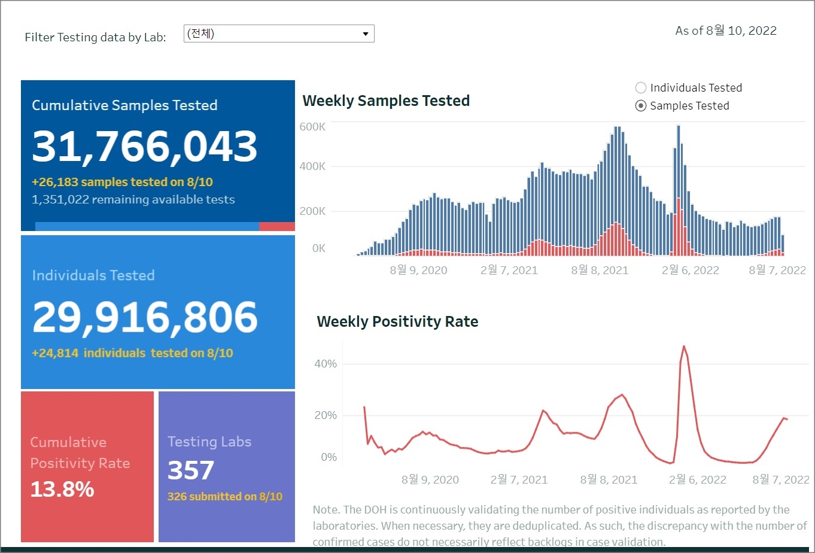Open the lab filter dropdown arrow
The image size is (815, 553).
click(x=365, y=34)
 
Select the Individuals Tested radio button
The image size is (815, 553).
click(x=641, y=88)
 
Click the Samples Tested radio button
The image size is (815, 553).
click(x=641, y=106)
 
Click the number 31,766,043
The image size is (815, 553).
click(x=145, y=147)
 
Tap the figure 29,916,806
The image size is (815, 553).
click(x=145, y=317)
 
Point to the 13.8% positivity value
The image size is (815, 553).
click(x=62, y=490)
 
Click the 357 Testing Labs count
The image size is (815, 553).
click(x=190, y=470)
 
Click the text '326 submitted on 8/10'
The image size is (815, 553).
click(x=225, y=497)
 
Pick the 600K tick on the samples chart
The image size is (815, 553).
click(x=312, y=127)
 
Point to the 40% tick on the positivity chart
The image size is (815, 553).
click(x=326, y=364)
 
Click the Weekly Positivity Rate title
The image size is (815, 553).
click(x=397, y=322)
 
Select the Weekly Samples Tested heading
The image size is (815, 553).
click(x=386, y=101)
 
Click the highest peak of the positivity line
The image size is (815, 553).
click(x=683, y=347)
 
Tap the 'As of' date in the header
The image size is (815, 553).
click(x=726, y=31)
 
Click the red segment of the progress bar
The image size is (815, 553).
click(x=277, y=227)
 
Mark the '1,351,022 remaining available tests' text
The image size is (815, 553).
click(x=133, y=200)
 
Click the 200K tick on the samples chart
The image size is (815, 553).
click(x=312, y=211)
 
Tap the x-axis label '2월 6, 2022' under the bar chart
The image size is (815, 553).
click(x=690, y=271)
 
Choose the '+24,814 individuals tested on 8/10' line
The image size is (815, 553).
click(x=132, y=353)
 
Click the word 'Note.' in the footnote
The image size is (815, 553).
click(x=325, y=510)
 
